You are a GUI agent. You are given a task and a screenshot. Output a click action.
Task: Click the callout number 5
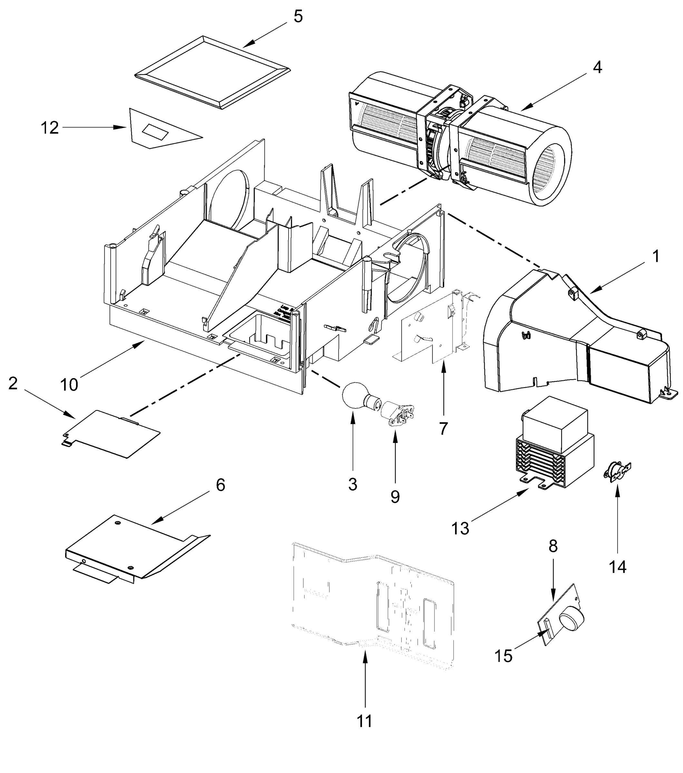298,17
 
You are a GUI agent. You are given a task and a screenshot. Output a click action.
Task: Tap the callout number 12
50,128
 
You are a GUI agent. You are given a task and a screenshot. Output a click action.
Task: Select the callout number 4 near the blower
597,67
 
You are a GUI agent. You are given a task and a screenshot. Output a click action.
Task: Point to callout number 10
69,385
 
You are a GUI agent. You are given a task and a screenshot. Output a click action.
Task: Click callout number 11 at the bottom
365,721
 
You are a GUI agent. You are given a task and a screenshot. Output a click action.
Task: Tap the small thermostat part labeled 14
616,471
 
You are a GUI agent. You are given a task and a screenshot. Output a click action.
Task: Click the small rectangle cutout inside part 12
154,132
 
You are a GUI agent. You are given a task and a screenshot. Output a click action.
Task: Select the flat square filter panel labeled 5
212,72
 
